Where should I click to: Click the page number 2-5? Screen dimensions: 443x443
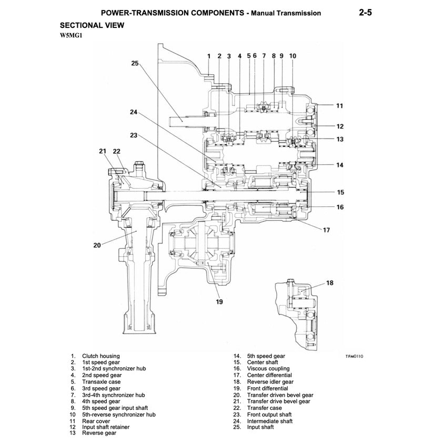(x=363, y=12)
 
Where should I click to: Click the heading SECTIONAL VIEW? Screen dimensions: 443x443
(x=92, y=25)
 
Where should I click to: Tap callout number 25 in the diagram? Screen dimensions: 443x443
(x=135, y=64)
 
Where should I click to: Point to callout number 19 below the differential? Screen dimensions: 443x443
(x=219, y=301)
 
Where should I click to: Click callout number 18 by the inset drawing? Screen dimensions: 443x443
(x=330, y=283)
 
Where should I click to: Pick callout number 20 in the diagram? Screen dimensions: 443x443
(x=97, y=244)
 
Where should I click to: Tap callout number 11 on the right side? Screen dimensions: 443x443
(x=339, y=106)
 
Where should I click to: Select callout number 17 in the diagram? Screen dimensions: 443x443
(x=327, y=229)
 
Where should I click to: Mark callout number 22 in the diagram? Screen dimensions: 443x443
(x=116, y=152)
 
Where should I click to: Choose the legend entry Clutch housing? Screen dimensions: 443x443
(x=100, y=356)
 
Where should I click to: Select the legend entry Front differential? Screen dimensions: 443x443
(x=267, y=388)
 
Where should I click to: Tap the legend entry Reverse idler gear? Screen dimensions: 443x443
(x=270, y=382)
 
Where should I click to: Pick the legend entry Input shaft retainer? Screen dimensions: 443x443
(x=105, y=427)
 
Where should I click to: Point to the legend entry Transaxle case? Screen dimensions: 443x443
(x=101, y=382)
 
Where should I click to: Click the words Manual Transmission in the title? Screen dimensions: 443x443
(x=286, y=13)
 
